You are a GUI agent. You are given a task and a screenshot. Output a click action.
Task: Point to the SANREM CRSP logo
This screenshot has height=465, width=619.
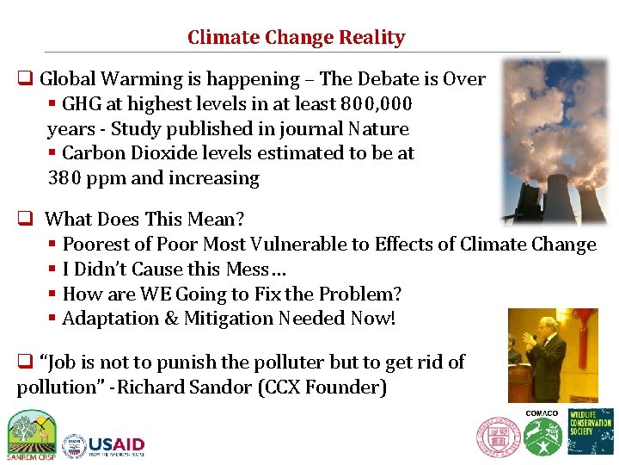31,432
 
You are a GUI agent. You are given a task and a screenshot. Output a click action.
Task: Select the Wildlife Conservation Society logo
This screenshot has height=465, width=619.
591,431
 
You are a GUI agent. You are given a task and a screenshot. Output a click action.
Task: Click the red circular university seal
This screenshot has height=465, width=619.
499,437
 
